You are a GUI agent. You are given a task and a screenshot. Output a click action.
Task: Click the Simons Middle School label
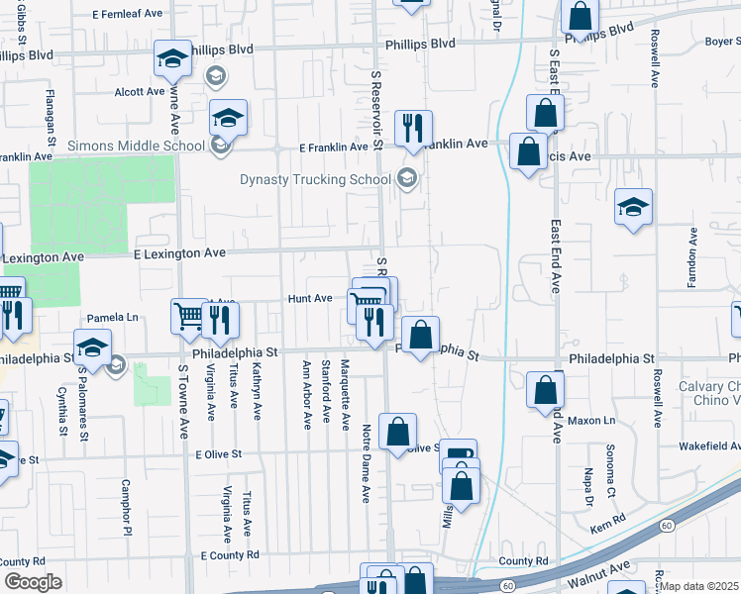click(x=136, y=147)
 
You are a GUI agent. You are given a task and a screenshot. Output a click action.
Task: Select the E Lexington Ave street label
click(x=180, y=253)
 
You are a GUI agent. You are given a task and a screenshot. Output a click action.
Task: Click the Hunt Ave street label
click(x=309, y=298)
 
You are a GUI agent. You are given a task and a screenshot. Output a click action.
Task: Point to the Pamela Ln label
click(x=111, y=318)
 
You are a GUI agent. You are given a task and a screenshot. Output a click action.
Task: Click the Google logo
click(x=33, y=582)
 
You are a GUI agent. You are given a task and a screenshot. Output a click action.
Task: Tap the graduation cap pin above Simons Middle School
click(x=228, y=118)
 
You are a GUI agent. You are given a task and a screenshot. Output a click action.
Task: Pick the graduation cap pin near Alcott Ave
click(x=172, y=59)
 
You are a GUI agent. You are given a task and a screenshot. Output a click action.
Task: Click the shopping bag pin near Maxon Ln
click(x=545, y=390)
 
